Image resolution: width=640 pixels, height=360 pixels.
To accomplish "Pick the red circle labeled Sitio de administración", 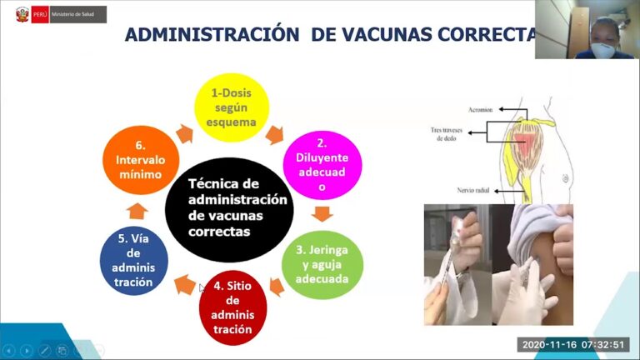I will tap(232, 307).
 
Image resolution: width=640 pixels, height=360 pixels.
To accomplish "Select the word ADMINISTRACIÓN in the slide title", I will tap(203, 34).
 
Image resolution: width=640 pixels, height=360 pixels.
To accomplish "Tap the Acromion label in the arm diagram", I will tap(479, 107).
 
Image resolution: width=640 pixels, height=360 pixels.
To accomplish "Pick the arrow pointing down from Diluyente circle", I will tap(322, 213).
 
